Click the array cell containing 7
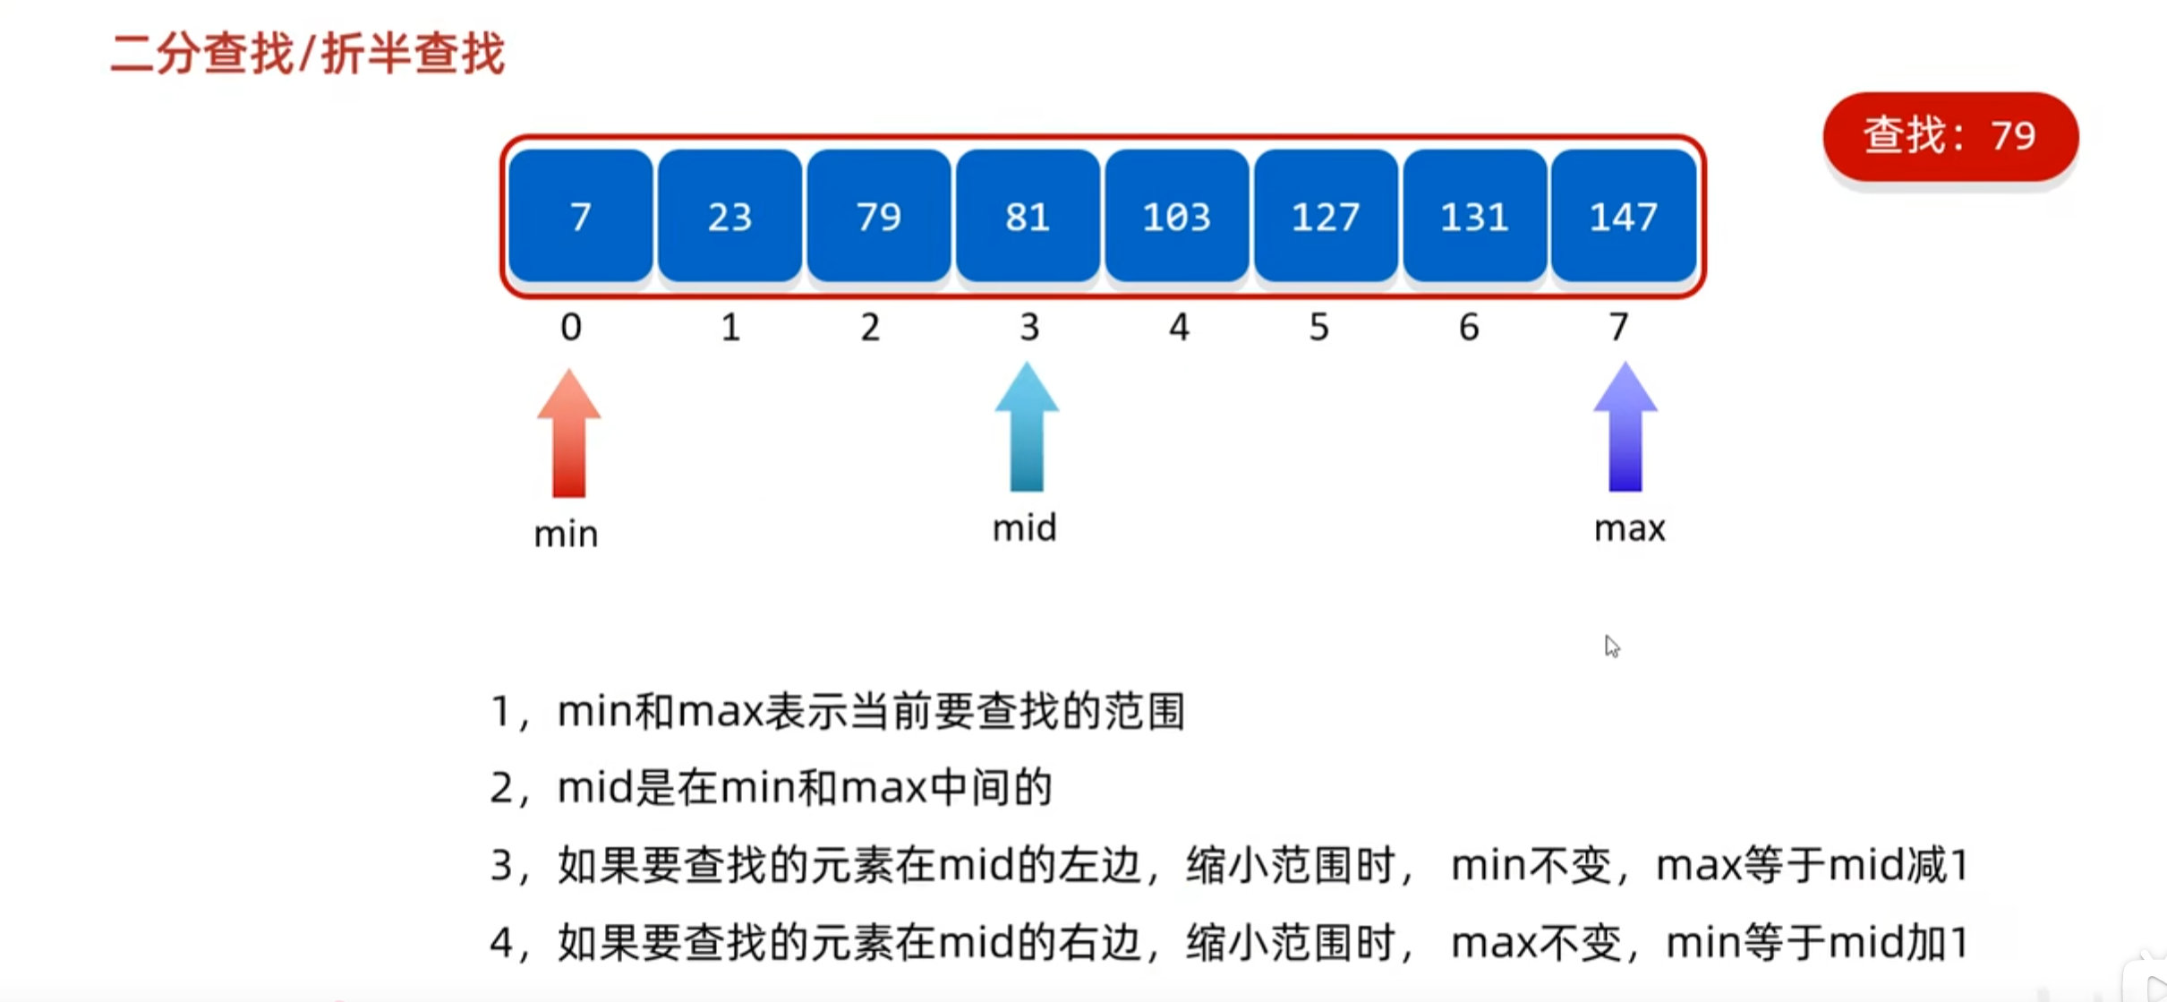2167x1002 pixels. pyautogui.click(x=580, y=216)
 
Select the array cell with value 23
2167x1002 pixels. pyautogui.click(x=729, y=216)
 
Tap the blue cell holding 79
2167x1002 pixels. pyautogui.click(x=878, y=216)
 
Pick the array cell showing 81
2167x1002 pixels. pyautogui.click(x=1028, y=216)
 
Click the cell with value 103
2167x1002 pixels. pyautogui.click(x=1176, y=216)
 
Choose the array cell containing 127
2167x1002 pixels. pyautogui.click(x=1326, y=216)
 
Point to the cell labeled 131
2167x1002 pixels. pyautogui.click(x=1474, y=216)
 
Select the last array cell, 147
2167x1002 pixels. pyautogui.click(x=1624, y=216)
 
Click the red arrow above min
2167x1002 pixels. pyautogui.click(x=569, y=433)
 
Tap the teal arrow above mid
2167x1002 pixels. pyautogui.click(x=1027, y=428)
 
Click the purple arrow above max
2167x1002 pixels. pyautogui.click(x=1625, y=428)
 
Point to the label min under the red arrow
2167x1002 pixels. pyautogui.click(x=566, y=535)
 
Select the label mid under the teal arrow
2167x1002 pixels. pyautogui.click(x=1025, y=528)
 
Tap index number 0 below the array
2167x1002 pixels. pyautogui.click(x=571, y=328)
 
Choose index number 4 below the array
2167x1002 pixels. pyautogui.click(x=1179, y=328)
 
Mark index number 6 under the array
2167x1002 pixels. pyautogui.click(x=1469, y=328)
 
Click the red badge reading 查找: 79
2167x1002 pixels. pyautogui.click(x=1950, y=136)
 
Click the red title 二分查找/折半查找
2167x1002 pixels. pyautogui.click(x=307, y=54)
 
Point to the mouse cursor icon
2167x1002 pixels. pyautogui.click(x=1612, y=647)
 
